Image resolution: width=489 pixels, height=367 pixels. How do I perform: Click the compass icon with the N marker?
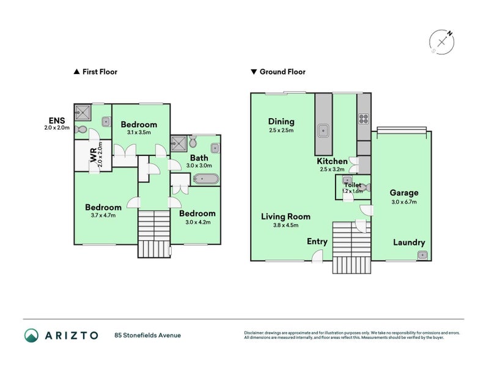[x=441, y=42]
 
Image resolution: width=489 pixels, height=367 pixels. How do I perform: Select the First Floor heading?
[x=95, y=72]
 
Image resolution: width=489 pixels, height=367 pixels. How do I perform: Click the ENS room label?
[x=57, y=120]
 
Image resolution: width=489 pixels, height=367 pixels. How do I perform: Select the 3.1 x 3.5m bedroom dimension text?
[x=138, y=132]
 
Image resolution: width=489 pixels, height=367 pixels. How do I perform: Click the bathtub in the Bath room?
[x=205, y=179]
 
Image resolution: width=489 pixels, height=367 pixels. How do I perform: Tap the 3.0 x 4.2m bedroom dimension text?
[x=197, y=222]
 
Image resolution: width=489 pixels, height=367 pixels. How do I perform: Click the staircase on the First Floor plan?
[x=153, y=233]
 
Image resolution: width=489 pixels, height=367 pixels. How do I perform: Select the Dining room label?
[x=281, y=121]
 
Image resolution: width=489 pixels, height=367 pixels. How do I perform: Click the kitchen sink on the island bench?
[x=323, y=130]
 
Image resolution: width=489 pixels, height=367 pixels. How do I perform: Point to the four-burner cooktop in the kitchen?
[x=364, y=119]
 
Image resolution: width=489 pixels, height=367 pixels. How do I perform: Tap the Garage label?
[x=404, y=193]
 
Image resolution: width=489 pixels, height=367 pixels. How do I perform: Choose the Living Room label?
[x=285, y=217]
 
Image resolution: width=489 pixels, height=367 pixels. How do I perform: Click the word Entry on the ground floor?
[x=317, y=242]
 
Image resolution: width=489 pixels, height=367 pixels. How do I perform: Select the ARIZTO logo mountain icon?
[x=31, y=335]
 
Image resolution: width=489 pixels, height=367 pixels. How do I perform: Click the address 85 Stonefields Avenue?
[x=147, y=335]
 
